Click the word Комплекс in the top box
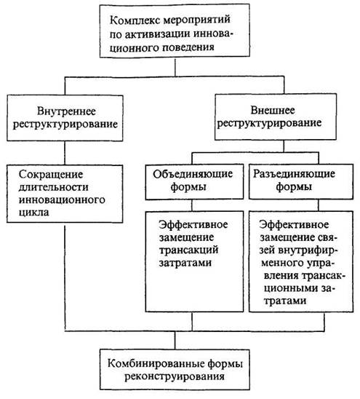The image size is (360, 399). tap(135, 20)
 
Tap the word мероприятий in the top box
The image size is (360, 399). tap(196, 20)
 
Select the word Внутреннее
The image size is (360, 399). tap(67, 111)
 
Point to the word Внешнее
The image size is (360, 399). tap(273, 110)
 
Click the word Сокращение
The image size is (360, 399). tap(51, 175)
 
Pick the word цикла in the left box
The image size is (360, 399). tap(33, 213)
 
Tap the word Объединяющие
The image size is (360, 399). tap(193, 174)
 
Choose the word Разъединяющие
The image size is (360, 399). tap(294, 174)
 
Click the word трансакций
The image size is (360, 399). tap(188, 250)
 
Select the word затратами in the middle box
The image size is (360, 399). tap(185, 262)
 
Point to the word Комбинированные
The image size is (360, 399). tap(156, 363)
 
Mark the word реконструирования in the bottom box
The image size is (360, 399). tap(175, 376)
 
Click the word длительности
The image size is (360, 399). tap(53, 187)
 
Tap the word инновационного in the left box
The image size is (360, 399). tap(62, 200)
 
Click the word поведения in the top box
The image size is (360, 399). tap(188, 47)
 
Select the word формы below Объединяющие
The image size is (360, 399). tap(188, 187)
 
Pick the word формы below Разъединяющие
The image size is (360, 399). tap(294, 187)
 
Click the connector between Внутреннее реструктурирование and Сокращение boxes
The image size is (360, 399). tap(65, 153)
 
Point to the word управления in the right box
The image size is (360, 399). tap(322, 263)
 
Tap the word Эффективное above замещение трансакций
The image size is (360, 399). tap(193, 224)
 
